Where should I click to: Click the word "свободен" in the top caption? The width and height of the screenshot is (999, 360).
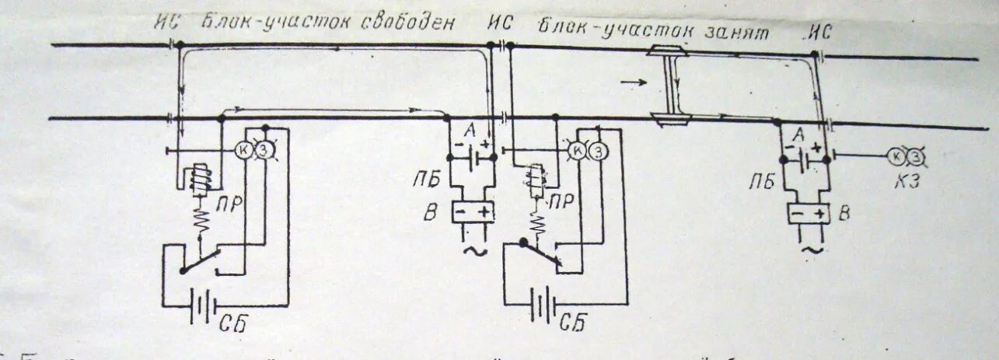tap(407, 21)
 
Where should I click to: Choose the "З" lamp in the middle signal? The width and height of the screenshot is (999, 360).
tap(599, 151)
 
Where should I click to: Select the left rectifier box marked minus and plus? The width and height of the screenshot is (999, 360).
tap(474, 211)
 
